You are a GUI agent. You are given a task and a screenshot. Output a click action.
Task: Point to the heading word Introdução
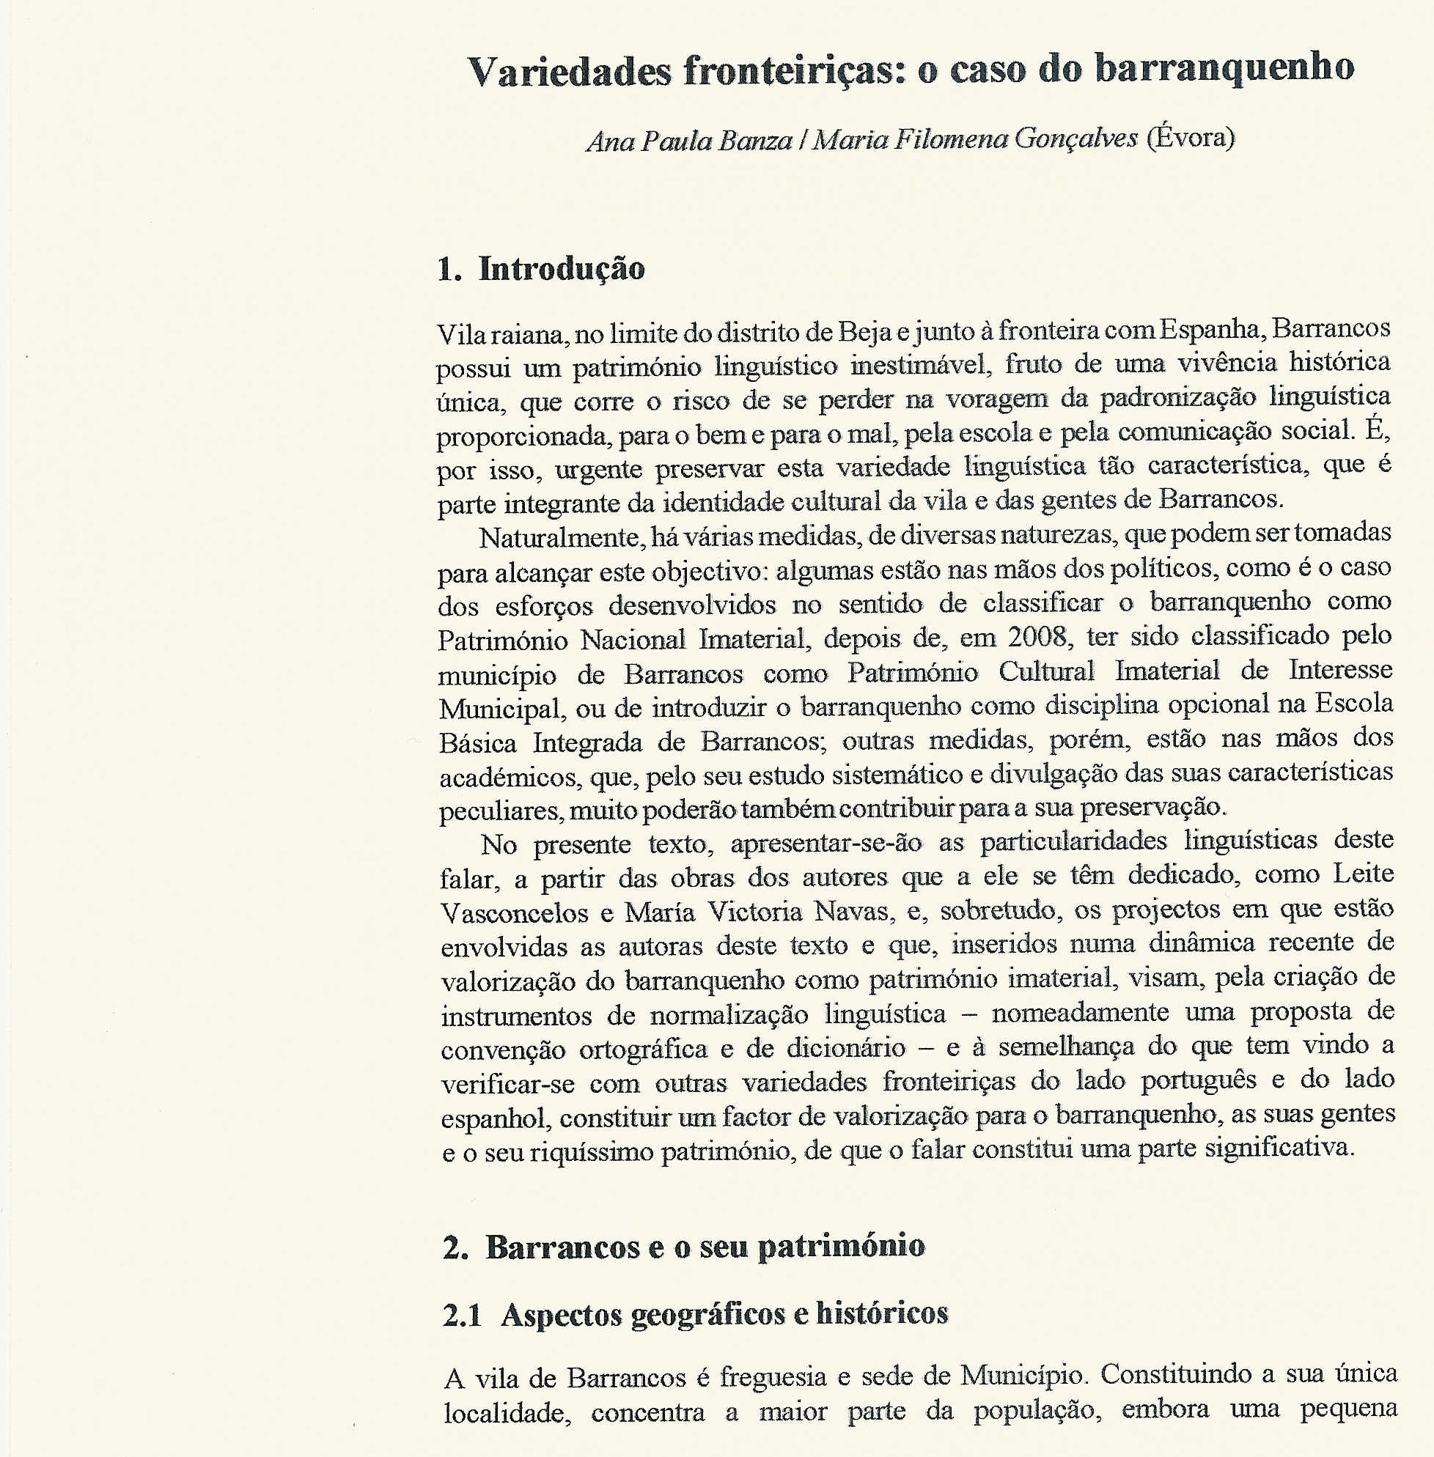tap(561, 269)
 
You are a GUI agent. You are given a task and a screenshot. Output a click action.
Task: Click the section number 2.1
tap(462, 1316)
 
